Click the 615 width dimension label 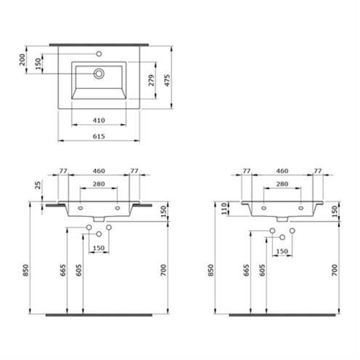pos(99,136)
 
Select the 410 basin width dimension pos(99,120)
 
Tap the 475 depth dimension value pos(167,80)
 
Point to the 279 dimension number pos(151,80)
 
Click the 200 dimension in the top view pos(22,60)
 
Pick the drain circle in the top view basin pos(99,74)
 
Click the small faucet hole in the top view pos(99,54)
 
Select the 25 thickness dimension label pos(38,185)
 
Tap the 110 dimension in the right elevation pos(224,208)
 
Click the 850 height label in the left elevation pos(26,270)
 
